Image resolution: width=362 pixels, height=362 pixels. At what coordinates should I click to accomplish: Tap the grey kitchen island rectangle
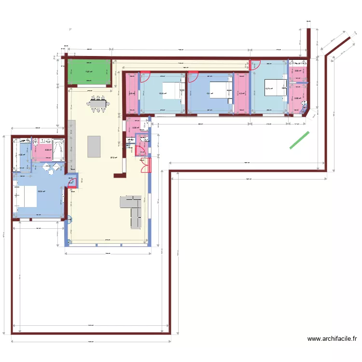pos(94,146)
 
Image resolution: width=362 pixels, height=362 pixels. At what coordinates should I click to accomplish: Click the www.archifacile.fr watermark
pos(332,339)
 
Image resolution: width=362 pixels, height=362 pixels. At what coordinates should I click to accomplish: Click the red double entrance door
pos(145,165)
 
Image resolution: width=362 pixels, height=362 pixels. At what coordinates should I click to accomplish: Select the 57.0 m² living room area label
pos(113,157)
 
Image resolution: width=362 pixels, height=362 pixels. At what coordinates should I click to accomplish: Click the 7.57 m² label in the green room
pos(89,72)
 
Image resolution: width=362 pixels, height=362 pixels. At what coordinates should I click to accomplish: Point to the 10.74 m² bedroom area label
pos(268,88)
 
